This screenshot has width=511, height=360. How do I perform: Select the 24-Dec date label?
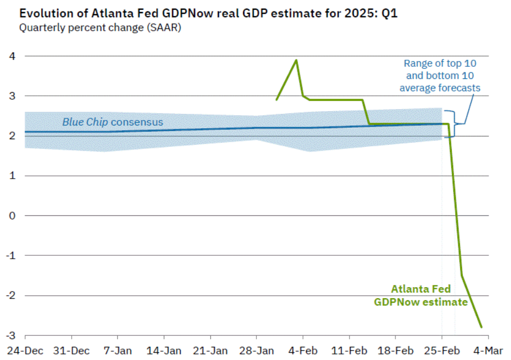[25, 350]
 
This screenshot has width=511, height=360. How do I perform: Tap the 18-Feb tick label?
[396, 350]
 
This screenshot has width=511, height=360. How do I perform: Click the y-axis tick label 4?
[12, 56]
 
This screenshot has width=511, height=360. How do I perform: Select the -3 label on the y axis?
[10, 335]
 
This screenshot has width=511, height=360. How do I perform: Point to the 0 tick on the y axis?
[12, 215]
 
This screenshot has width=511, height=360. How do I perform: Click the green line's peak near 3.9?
[296, 60]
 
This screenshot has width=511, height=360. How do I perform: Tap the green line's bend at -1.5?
[462, 276]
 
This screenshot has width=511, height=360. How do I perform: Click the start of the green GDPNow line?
[276, 100]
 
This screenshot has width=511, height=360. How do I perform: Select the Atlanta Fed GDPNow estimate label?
[421, 296]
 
